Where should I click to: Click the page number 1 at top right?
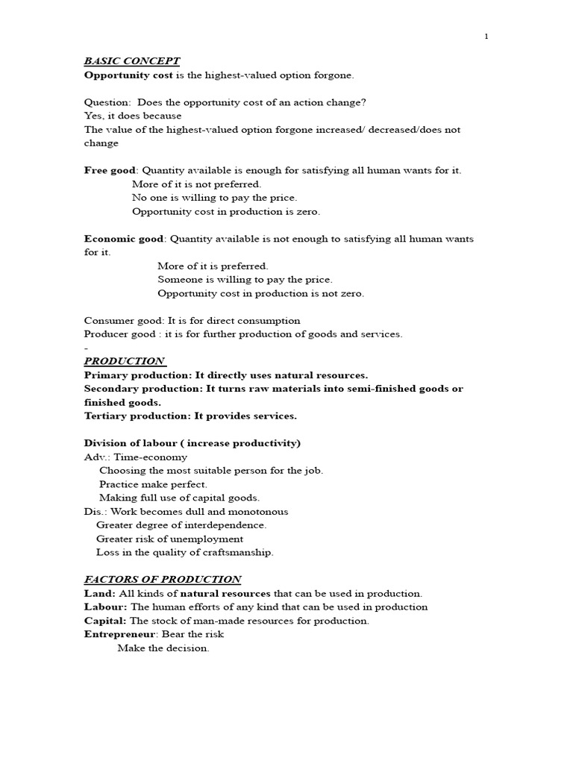click(486, 37)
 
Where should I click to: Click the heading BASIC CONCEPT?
click(132, 61)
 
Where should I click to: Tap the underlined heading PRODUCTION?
click(125, 361)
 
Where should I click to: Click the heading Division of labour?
click(130, 443)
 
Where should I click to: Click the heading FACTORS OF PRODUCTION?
click(162, 579)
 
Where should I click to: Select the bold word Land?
click(99, 594)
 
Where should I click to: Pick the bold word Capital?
click(106, 621)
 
